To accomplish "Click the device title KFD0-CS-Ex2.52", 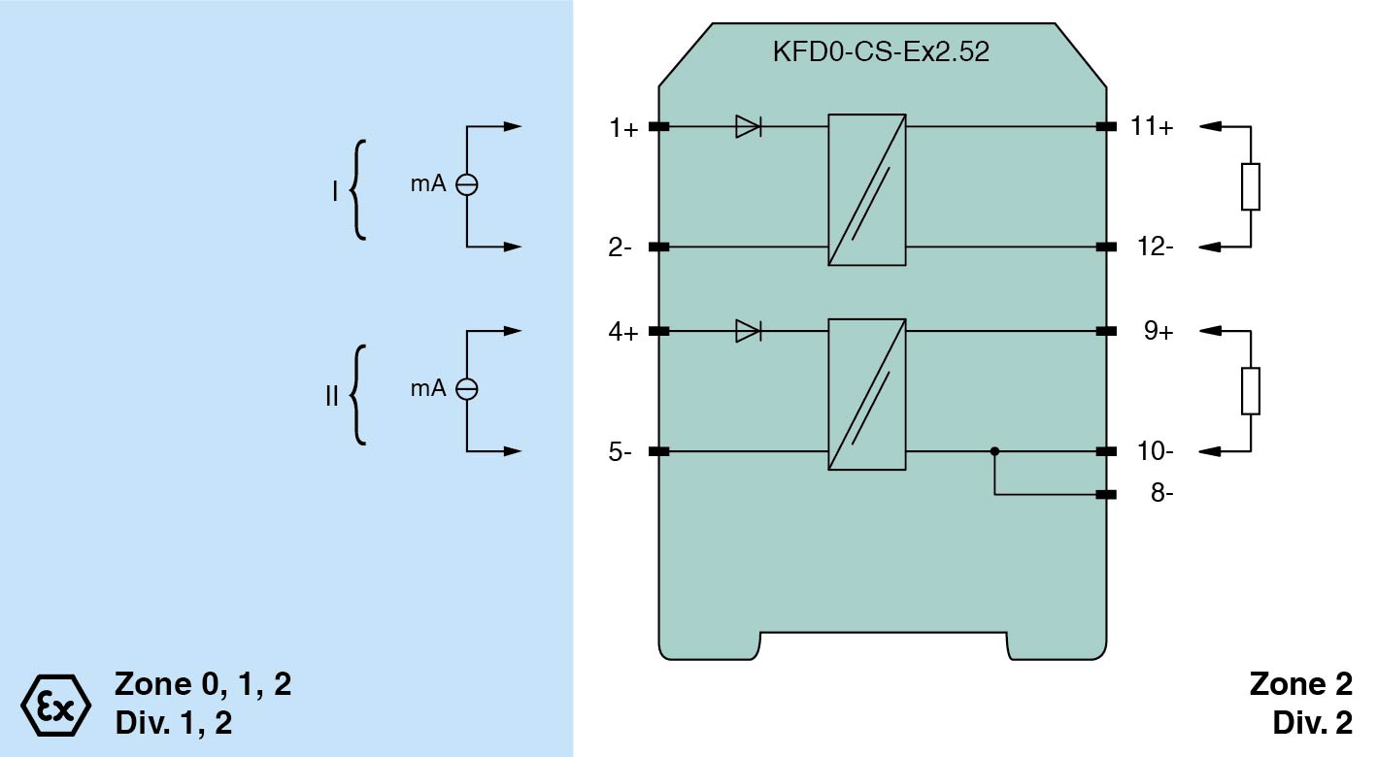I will (x=880, y=52).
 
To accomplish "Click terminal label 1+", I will (x=623, y=127).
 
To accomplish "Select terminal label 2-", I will (x=621, y=247).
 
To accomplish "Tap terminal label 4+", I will (x=623, y=332).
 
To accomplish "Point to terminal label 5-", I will (x=621, y=452).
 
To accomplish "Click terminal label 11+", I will (x=1152, y=127).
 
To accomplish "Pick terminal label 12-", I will (x=1155, y=247).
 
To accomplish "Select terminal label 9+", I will (x=1158, y=332).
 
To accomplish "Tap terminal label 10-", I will (x=1155, y=452).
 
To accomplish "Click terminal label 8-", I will (x=1160, y=494).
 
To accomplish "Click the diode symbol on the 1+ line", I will (x=748, y=126).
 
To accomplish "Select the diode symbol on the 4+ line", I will (x=748, y=331).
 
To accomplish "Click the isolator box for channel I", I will (x=867, y=190).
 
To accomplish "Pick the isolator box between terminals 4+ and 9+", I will (x=867, y=394).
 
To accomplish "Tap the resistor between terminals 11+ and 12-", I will (x=1251, y=187).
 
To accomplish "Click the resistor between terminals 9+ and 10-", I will (x=1251, y=391).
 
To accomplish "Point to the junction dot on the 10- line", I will (x=994, y=451).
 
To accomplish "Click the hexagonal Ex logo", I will (x=55, y=701).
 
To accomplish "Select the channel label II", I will (x=331, y=396).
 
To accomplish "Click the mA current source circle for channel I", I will (x=467, y=185).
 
